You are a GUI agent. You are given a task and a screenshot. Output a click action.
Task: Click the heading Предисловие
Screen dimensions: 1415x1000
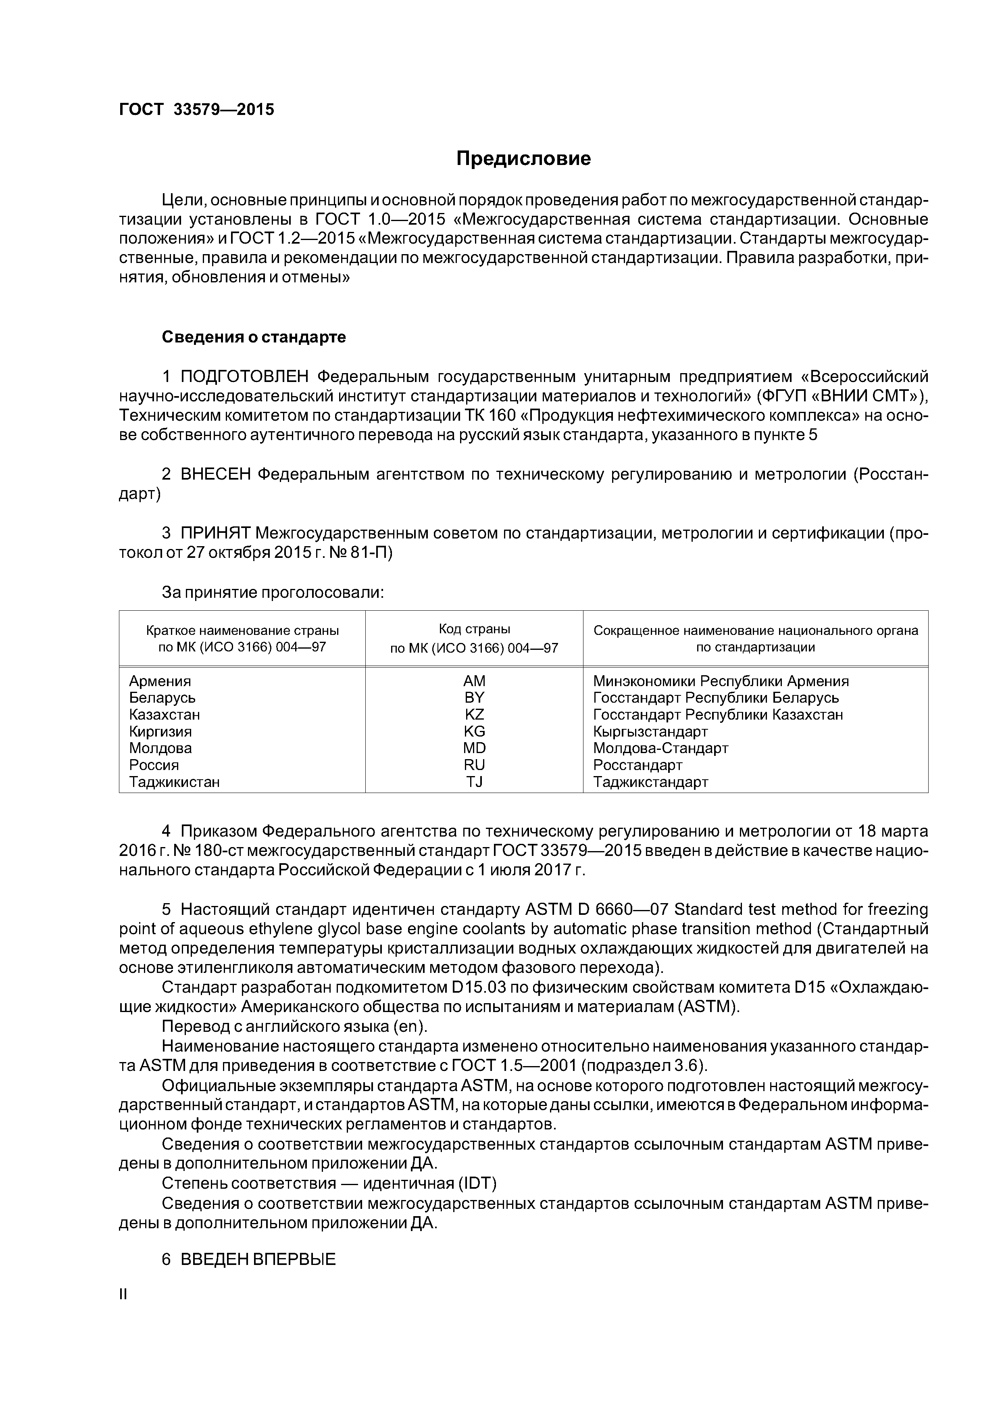coord(523,159)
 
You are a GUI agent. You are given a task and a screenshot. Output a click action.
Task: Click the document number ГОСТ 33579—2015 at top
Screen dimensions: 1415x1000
coord(196,110)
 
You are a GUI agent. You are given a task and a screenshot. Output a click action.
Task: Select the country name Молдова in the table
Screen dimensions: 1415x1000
coord(160,748)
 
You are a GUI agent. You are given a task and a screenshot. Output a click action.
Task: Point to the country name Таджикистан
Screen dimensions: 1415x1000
coord(174,781)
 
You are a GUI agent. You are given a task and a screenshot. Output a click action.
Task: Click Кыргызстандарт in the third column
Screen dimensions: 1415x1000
coord(650,732)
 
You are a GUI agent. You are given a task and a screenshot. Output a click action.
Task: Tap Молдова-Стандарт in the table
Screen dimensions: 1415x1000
coord(660,748)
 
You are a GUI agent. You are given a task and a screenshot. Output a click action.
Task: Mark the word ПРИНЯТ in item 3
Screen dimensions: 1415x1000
coord(215,532)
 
